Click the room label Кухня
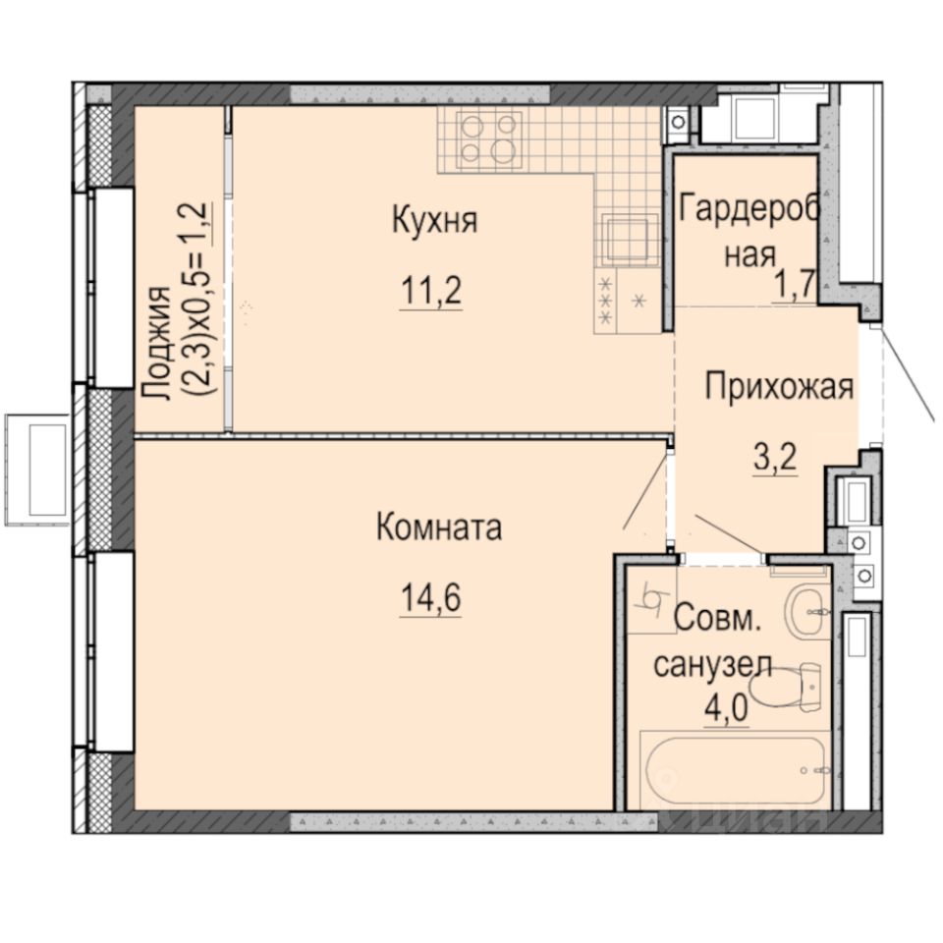click(434, 221)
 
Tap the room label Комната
click(438, 527)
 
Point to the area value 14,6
click(429, 598)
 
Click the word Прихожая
click(779, 387)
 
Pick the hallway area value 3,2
click(774, 457)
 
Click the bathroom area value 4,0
click(725, 706)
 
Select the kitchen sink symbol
click(626, 238)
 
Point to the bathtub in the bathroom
click(735, 771)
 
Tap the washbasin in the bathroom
click(811, 609)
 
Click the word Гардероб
click(748, 209)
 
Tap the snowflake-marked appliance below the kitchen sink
click(625, 303)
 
